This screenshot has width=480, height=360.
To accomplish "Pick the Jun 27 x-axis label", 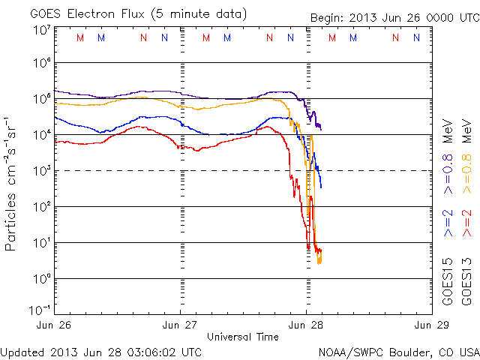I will pos(181,325).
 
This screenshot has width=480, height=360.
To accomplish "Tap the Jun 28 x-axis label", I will pos(306,325).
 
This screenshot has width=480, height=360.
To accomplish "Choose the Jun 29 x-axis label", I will pos(430,325).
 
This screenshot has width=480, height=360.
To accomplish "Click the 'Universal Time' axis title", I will pos(243,337).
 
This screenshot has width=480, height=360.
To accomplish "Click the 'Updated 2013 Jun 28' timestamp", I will pos(101,351).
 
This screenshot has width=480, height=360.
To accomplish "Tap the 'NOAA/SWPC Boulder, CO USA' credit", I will pos(398,351).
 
